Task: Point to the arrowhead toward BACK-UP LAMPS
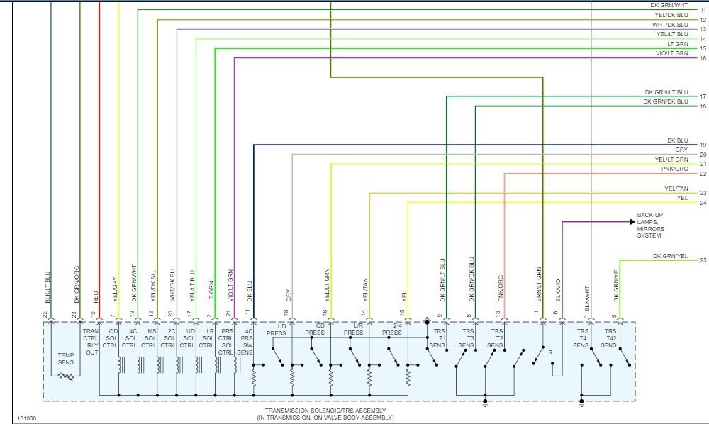pos(631,222)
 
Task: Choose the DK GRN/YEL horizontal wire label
pos(670,256)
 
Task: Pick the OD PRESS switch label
pos(316,329)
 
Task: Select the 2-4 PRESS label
pos(392,329)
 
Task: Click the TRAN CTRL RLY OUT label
pos(91,342)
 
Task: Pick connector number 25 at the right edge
pos(703,261)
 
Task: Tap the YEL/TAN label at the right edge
pos(676,189)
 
